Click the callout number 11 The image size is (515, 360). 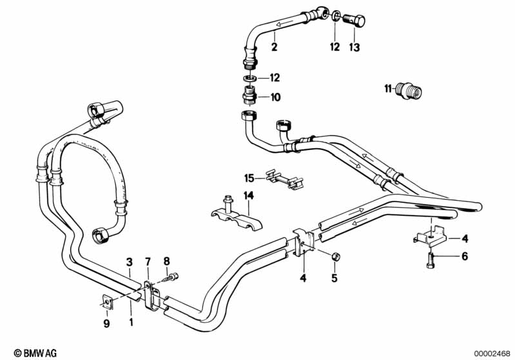387,88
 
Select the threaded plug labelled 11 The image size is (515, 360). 409,91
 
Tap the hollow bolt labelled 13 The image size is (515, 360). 354,20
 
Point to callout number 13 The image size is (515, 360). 355,47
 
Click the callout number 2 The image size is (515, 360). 274,46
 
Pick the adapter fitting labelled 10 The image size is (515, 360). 249,95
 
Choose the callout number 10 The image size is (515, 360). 275,97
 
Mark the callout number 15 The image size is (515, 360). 249,178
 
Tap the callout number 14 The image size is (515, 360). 249,196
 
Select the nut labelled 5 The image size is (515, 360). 336,257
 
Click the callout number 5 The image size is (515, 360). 335,278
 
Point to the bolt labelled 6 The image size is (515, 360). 431,260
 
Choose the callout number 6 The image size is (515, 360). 465,256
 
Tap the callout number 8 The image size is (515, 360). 167,261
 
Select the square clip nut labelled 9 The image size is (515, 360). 108,301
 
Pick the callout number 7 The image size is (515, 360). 148,262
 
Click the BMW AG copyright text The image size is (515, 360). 35,353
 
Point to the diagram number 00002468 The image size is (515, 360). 492,353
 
